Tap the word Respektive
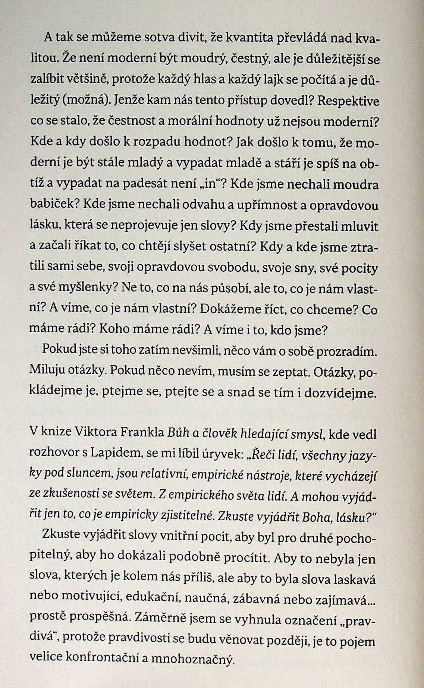click(349, 101)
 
